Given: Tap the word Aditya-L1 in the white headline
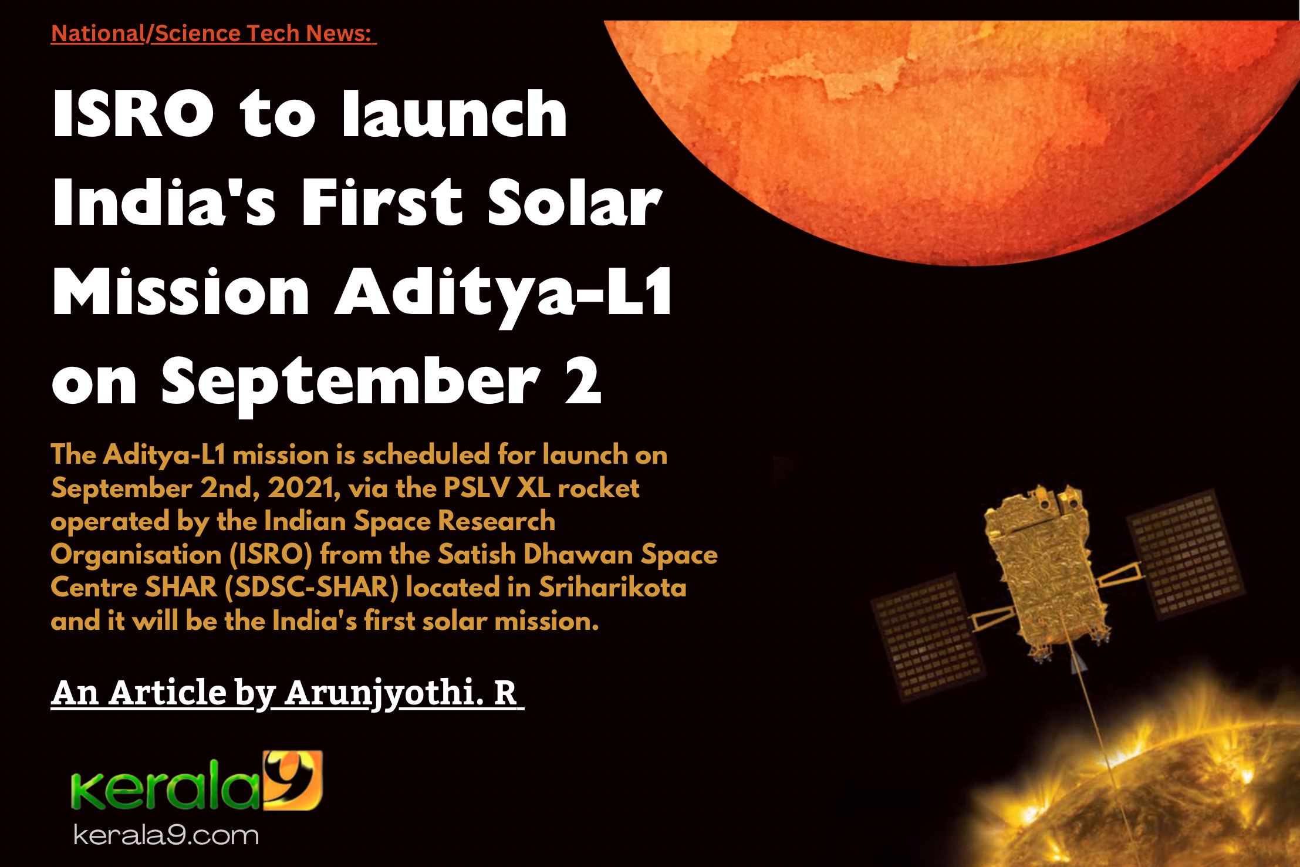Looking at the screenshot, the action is click(503, 292).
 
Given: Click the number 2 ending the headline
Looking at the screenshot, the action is click(583, 382).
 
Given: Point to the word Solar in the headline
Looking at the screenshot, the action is click(575, 202).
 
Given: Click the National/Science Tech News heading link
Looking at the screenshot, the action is click(214, 33).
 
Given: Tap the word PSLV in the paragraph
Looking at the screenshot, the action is click(477, 488).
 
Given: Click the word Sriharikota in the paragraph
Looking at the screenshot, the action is click(613, 587).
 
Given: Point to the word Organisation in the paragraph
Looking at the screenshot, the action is click(136, 555).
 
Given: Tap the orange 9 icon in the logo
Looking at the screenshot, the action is click(293, 780).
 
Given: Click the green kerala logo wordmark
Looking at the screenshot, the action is click(166, 786).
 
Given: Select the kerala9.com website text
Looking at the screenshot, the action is click(166, 835).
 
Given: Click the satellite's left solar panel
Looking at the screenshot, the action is click(927, 637).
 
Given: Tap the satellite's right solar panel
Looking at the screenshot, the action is click(1186, 554).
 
